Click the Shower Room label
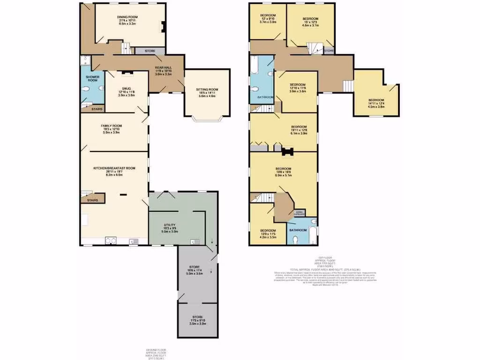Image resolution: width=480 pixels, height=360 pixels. pos(92,78)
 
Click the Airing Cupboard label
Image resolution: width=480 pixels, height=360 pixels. pos(300,213)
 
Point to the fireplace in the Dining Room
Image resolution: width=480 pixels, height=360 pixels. pos(163,27)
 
